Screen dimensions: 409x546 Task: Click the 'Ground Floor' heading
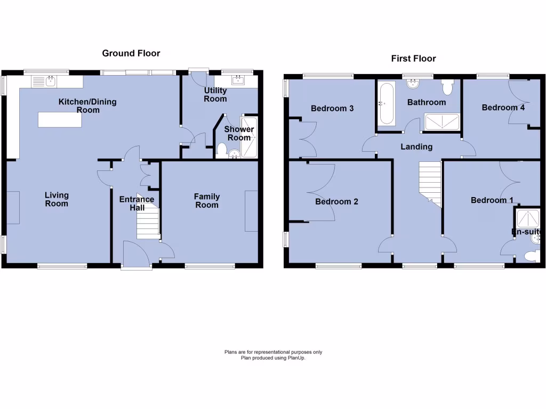pos(131,53)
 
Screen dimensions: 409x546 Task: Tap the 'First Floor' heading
pos(413,59)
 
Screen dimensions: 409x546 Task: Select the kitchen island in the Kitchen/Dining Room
pos(60,120)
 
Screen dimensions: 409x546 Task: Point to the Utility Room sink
pos(238,81)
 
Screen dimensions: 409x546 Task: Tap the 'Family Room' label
pos(206,201)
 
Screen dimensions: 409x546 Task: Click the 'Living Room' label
pos(57,200)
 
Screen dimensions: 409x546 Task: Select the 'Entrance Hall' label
pos(136,203)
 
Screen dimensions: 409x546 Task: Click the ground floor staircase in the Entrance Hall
pos(148,221)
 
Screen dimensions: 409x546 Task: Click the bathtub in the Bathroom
pos(386,104)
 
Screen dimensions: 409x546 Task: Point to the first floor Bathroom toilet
pos(447,86)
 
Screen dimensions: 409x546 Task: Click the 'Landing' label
pos(417,146)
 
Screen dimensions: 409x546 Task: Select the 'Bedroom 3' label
pos(332,109)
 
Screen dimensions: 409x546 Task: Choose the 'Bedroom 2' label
pos(336,202)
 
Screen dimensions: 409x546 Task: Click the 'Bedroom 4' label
pos(503,108)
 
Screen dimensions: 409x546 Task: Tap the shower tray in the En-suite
pos(527,218)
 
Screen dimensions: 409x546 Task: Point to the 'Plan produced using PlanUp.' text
pos(273,358)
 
